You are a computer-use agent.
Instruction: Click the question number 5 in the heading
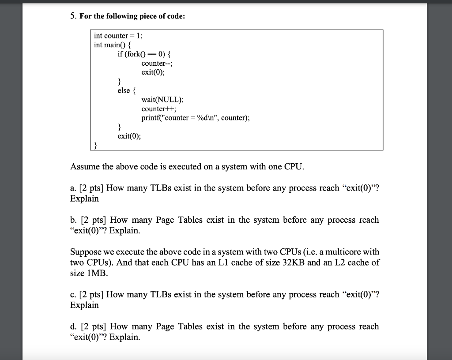click(x=72, y=16)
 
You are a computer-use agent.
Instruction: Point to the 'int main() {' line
click(x=113, y=45)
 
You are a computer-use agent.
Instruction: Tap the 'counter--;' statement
click(x=154, y=63)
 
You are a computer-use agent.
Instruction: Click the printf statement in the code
click(x=195, y=118)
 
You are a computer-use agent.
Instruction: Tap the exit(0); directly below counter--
click(x=153, y=72)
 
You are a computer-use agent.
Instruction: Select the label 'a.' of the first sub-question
click(x=73, y=188)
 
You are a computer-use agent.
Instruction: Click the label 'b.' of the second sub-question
click(x=73, y=220)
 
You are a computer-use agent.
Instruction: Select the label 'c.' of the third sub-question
click(x=73, y=295)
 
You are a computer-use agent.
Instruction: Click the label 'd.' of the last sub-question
click(x=73, y=326)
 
